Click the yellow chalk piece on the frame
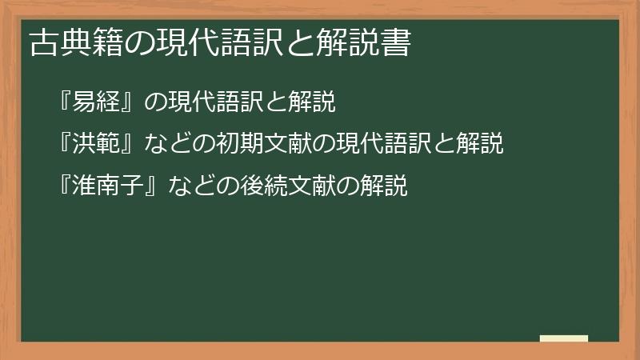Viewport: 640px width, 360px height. click(x=564, y=338)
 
